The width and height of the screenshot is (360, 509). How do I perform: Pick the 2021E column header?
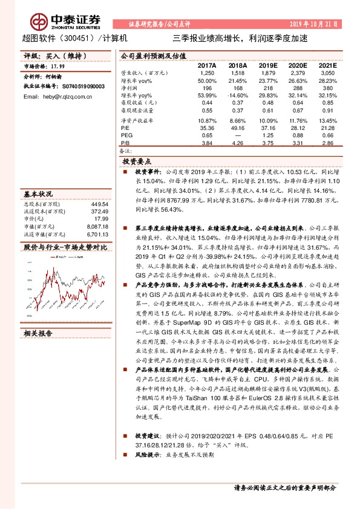tap(327, 65)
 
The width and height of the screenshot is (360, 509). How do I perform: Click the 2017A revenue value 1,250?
tap(207, 73)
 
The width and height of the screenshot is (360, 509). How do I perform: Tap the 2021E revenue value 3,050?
tap(327, 73)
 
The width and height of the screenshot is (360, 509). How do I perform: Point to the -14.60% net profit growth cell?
tap(237, 96)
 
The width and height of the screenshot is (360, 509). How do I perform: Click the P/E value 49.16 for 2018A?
tap(238, 128)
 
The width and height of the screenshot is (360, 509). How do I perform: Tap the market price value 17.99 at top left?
tap(57, 66)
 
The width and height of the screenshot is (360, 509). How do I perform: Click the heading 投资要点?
tap(139, 162)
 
